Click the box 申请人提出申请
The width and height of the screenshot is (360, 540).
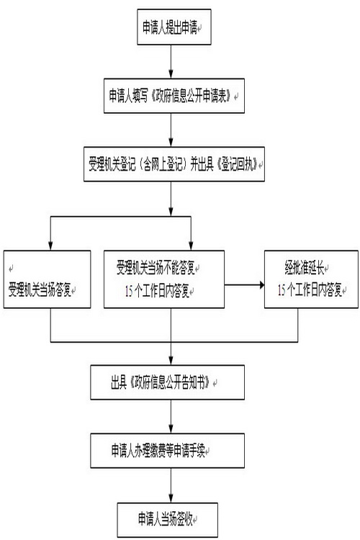[174, 27]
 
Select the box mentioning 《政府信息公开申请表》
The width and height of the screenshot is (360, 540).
[174, 96]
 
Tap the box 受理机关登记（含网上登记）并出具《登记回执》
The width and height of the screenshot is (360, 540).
[174, 164]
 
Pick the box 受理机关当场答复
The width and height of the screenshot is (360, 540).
[48, 279]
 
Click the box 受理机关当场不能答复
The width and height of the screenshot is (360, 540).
[164, 279]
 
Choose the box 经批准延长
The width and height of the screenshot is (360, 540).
[311, 279]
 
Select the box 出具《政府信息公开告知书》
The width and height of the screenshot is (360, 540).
[168, 382]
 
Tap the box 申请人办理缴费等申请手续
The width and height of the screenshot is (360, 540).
[168, 451]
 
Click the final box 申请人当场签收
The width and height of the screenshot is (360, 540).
[168, 519]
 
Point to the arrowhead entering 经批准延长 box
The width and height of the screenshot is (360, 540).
[262, 285]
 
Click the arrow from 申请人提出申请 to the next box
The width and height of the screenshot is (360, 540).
[171, 61]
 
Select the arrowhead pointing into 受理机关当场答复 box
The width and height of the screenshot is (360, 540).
[50, 246]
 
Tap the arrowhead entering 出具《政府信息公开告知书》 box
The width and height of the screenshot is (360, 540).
[171, 361]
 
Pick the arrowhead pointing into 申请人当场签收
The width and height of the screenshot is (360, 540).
[171, 498]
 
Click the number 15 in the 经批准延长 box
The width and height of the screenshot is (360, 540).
[282, 291]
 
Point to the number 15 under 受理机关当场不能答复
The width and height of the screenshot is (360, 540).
[129, 292]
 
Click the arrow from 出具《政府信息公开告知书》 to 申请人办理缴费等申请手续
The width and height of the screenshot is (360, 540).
[171, 416]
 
